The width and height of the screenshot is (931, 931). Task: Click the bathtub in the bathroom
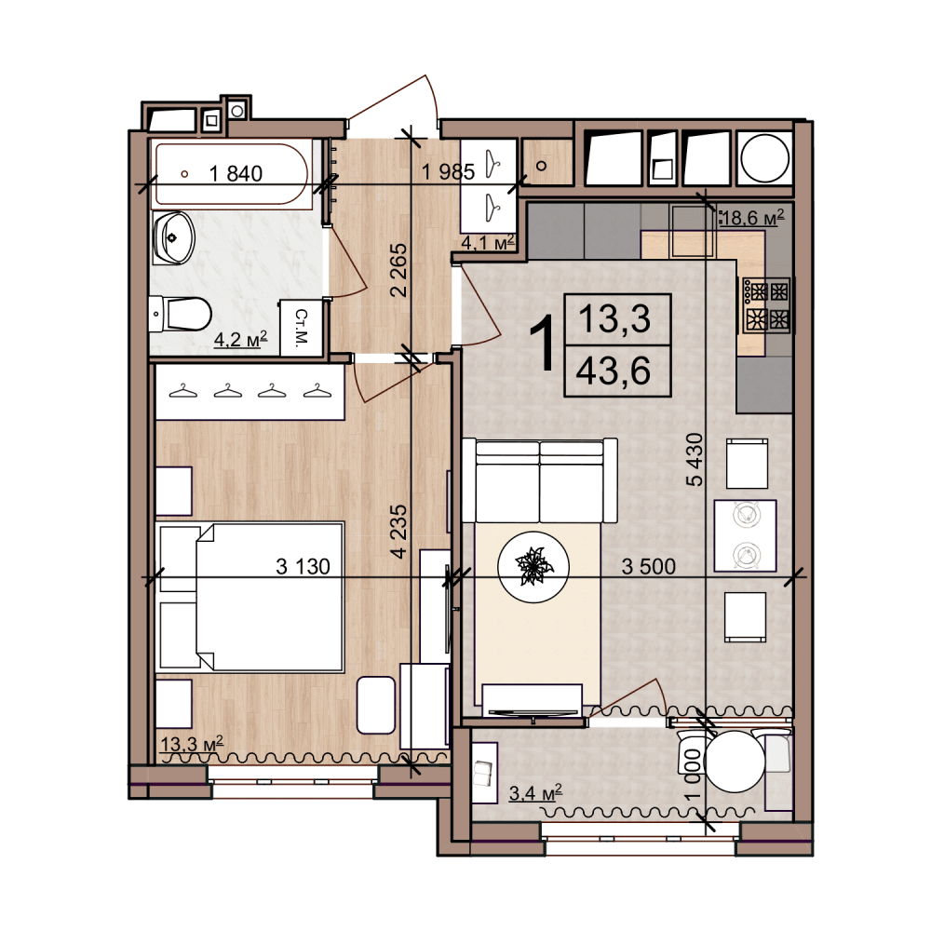tap(232, 173)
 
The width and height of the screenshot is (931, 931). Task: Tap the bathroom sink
tap(173, 238)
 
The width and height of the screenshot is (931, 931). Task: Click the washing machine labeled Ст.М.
tap(301, 328)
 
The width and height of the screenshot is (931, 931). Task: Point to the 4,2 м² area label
tap(240, 339)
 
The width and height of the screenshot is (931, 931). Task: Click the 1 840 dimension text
tap(236, 173)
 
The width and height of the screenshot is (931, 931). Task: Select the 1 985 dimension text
tap(449, 172)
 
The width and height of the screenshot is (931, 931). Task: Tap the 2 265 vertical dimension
tap(398, 270)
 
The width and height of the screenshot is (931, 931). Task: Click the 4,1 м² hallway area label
tap(488, 242)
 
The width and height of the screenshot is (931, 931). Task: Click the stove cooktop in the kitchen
tap(766, 304)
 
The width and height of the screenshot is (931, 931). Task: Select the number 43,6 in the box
tap(614, 371)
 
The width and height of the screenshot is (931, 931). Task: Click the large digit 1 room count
tap(542, 344)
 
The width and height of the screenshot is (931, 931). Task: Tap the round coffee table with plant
tap(533, 566)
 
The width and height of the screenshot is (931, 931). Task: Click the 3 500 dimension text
tap(648, 566)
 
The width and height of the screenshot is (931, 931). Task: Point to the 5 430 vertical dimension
tap(695, 460)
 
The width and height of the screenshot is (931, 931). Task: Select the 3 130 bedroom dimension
tap(303, 566)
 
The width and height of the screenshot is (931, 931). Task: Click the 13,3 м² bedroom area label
tap(192, 743)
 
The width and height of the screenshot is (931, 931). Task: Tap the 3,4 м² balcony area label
tap(535, 792)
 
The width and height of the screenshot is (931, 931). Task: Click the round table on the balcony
tap(735, 762)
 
